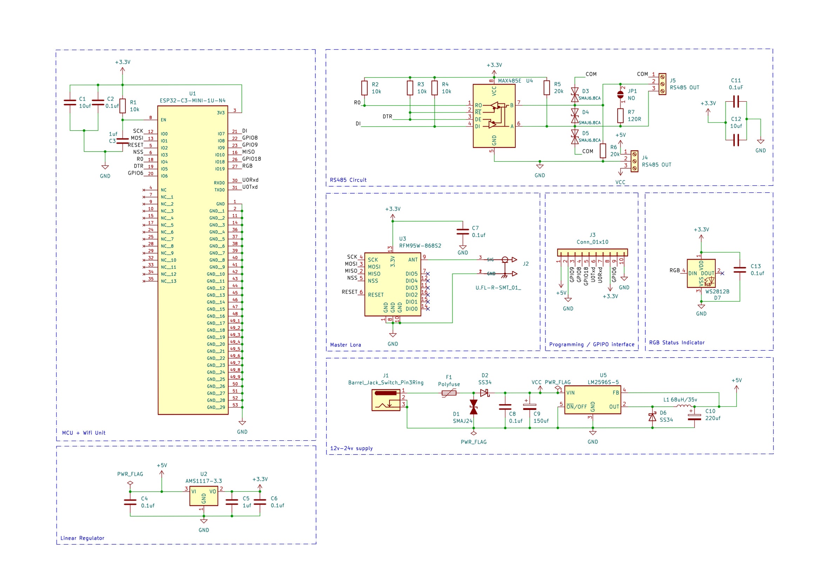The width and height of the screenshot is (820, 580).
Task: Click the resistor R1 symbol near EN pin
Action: [x=122, y=106]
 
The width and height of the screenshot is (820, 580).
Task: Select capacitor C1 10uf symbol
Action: [x=70, y=102]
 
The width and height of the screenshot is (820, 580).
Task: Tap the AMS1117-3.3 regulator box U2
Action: [x=204, y=496]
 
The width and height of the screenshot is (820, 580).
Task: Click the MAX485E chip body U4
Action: [x=494, y=116]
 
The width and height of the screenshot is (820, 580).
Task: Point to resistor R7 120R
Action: [x=621, y=116]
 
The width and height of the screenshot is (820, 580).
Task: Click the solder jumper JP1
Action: [x=621, y=95]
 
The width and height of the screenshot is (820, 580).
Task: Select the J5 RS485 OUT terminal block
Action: [x=662, y=84]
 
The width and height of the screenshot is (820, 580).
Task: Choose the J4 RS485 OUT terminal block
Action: [x=634, y=161]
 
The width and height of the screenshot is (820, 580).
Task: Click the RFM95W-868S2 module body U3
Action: [x=393, y=284]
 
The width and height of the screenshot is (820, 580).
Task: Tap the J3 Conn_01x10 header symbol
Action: [x=592, y=252]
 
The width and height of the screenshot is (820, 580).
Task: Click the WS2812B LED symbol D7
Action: [x=701, y=273]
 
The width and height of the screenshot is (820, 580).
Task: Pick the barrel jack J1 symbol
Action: [x=386, y=400]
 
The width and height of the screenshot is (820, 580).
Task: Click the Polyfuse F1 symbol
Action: [x=449, y=393]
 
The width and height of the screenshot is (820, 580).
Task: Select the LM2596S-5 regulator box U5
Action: [x=592, y=402]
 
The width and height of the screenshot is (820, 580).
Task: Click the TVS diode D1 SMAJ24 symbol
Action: [x=474, y=407]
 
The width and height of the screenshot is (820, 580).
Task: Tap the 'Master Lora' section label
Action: [x=345, y=345]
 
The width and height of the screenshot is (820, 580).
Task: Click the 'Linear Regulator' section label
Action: [x=82, y=538]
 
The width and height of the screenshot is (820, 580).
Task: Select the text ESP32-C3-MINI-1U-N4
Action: [x=192, y=100]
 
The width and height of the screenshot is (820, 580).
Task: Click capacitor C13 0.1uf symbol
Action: [x=740, y=270]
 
